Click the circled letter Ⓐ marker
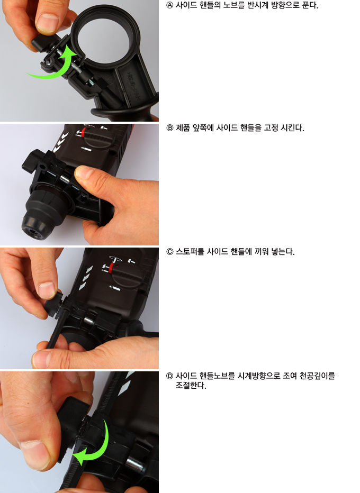click(x=169, y=6)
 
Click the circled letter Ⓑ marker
click(x=169, y=128)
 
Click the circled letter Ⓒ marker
click(x=169, y=252)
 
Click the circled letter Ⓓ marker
click(x=169, y=376)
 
